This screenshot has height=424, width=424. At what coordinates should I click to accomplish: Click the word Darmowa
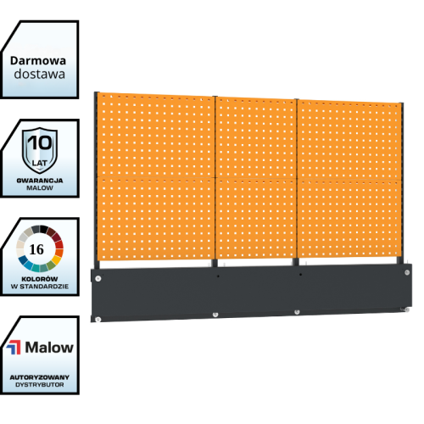38,61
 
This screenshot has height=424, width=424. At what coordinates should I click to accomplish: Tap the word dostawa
40,74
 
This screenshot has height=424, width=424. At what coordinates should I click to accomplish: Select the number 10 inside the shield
40,142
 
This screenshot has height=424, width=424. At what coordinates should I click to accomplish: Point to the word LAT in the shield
40,163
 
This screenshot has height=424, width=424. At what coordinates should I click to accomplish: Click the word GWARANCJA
40,181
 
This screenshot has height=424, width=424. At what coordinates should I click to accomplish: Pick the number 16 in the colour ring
36,249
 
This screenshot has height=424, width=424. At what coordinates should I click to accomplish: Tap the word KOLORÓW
40,279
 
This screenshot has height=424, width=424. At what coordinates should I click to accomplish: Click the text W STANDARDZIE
40,287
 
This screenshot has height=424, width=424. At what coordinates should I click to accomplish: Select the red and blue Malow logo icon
14,348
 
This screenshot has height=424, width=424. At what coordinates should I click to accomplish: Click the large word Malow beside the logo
49,348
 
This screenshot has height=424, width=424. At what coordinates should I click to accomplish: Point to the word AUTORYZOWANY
40,377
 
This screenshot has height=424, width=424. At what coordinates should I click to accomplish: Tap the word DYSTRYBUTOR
40,385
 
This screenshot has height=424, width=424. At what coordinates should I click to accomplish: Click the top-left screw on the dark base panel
98,279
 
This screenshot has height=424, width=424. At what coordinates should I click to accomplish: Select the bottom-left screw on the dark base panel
98,320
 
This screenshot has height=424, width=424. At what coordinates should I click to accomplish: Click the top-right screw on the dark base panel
407,272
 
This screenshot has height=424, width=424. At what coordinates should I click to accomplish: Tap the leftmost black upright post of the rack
97,181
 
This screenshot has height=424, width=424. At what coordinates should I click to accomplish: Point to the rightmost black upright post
401,183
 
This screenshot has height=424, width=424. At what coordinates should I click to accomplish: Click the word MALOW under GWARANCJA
40,188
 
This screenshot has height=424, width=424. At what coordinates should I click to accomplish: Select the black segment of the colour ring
43,229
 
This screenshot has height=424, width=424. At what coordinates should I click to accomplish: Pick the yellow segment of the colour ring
57,259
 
